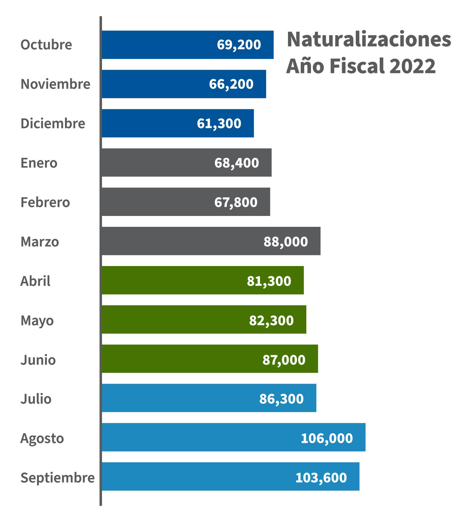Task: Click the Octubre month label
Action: (x=46, y=45)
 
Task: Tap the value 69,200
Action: (x=239, y=45)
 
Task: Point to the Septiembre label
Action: (x=57, y=477)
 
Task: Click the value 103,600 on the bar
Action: (x=321, y=477)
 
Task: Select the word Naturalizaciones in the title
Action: (x=369, y=40)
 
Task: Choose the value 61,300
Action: (x=219, y=123)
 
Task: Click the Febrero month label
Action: (x=45, y=202)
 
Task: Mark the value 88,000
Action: (x=285, y=241)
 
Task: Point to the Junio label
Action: (x=38, y=360)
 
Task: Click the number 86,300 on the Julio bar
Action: (x=281, y=399)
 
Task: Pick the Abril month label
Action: (x=35, y=281)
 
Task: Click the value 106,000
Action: (x=327, y=438)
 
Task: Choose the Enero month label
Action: (x=39, y=163)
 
